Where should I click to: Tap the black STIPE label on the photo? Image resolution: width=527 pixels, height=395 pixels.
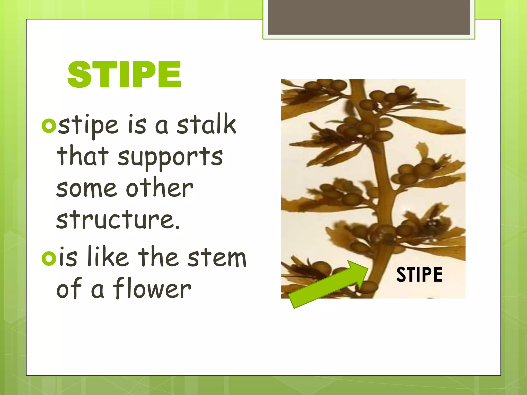[x=419, y=275]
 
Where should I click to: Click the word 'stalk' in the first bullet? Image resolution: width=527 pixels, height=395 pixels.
[x=206, y=124]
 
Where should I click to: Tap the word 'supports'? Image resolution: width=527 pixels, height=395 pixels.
[x=170, y=157]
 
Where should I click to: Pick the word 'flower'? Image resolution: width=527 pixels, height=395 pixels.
[x=152, y=289]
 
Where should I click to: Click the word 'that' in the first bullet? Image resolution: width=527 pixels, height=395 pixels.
[x=83, y=156]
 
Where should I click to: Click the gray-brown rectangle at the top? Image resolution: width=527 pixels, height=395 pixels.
[x=369, y=17]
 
